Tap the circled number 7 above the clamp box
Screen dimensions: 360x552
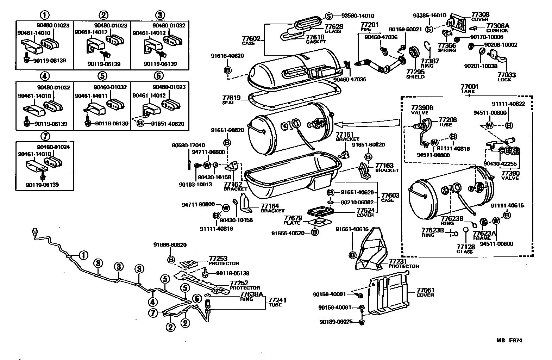coord(44,136)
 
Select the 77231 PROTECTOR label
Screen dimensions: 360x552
coord(403,263)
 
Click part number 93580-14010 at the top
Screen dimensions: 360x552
coord(358,15)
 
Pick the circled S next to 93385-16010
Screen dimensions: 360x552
coord(429,29)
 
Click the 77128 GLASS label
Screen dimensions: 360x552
coord(465,249)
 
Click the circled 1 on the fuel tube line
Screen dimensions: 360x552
coord(83,255)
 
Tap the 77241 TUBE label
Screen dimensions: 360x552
coord(275,302)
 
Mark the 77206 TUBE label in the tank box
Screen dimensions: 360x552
coord(447,122)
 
